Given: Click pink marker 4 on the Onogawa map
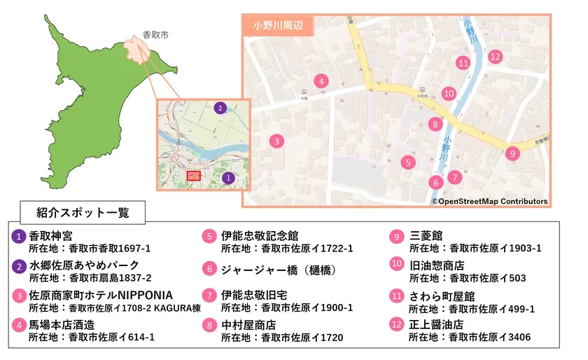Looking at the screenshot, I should (321, 81).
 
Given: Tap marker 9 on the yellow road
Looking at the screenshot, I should (512, 153).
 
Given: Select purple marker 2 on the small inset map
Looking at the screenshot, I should (220, 108).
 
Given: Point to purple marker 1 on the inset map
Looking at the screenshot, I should (227, 178).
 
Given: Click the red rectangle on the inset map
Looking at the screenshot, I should (193, 175).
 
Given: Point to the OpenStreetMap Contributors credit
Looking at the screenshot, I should (489, 202).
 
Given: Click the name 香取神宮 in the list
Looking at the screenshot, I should (50, 236).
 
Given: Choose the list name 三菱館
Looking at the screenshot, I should (426, 236).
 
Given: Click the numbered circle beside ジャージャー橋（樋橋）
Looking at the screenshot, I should (209, 268).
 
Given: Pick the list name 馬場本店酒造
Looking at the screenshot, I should (62, 325).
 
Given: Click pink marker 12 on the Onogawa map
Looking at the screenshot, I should (495, 57).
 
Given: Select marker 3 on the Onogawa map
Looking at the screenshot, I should (277, 141).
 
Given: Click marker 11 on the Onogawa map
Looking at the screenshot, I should (463, 63).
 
